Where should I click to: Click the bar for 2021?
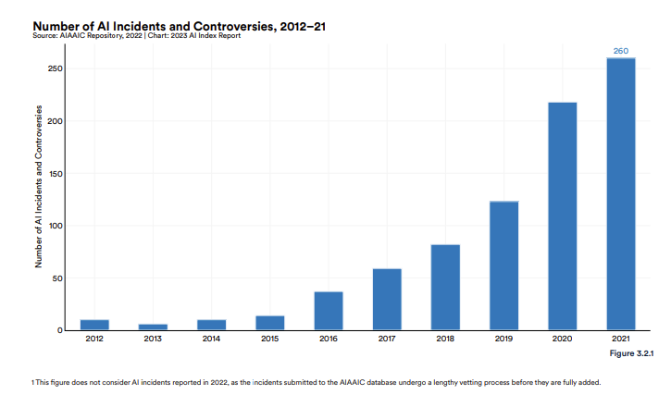(x=620, y=194)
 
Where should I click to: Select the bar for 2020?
(x=563, y=216)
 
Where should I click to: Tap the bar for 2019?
(x=503, y=265)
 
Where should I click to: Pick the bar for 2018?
(x=445, y=287)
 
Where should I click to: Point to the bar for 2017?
(x=387, y=299)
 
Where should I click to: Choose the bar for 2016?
(x=329, y=311)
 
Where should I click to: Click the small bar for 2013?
(x=153, y=327)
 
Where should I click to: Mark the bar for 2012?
(x=94, y=325)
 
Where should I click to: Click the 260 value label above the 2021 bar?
(x=620, y=51)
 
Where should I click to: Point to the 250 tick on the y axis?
(x=56, y=68)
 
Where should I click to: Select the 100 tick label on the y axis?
(x=56, y=226)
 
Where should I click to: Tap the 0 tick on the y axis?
(x=60, y=330)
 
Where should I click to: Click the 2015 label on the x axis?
(x=269, y=339)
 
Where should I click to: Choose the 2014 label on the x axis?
(x=211, y=339)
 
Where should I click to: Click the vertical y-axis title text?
(x=39, y=187)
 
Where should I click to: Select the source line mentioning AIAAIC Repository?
(x=136, y=35)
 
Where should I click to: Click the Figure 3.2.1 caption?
(x=631, y=353)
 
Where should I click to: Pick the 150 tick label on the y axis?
(x=56, y=174)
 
